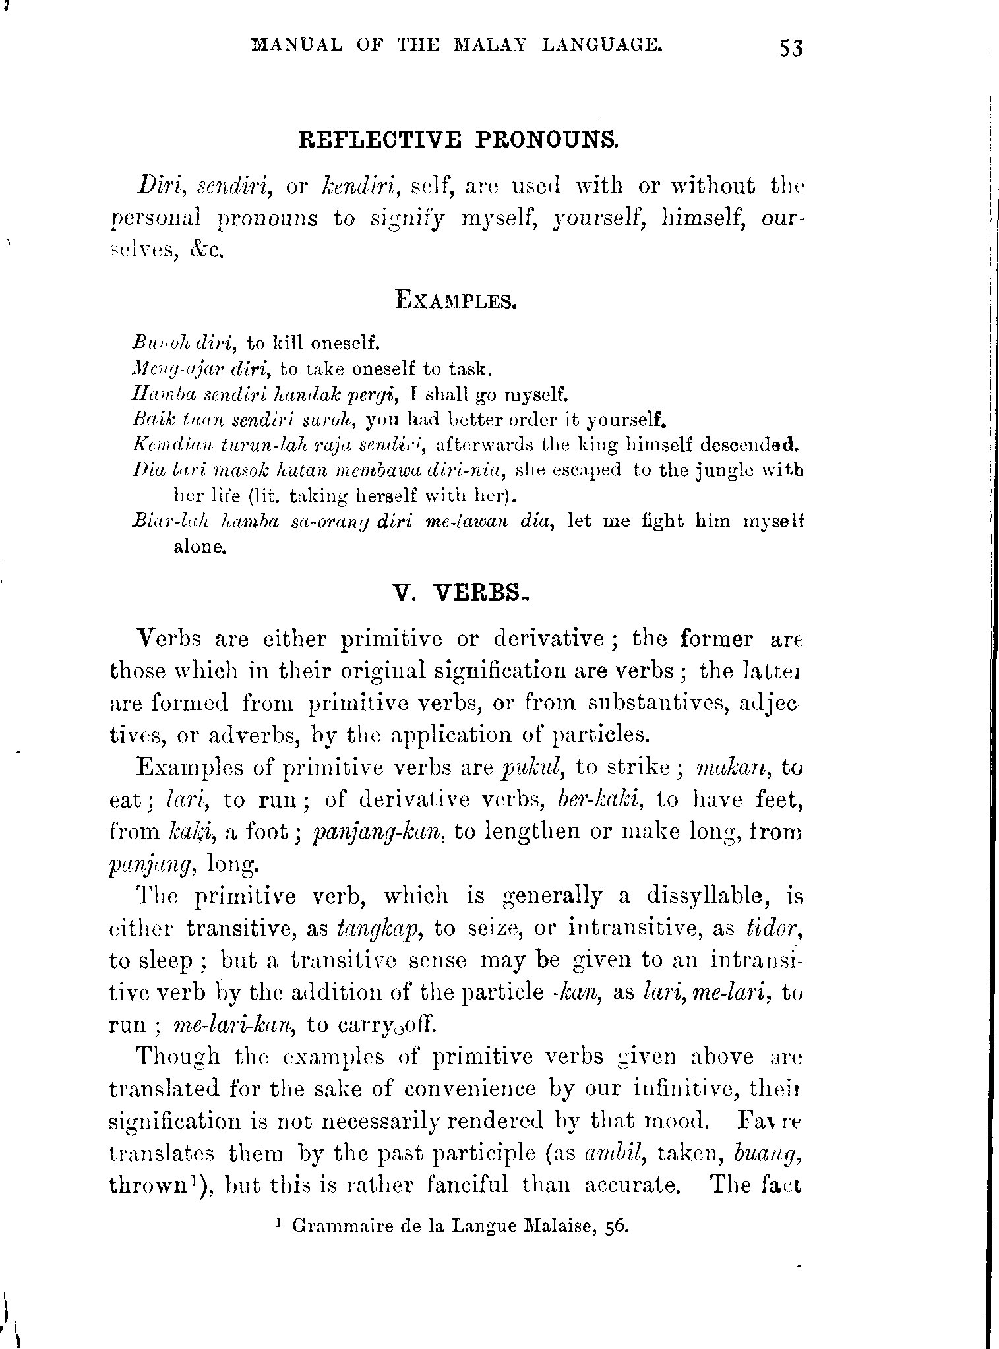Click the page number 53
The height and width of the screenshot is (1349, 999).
tap(791, 48)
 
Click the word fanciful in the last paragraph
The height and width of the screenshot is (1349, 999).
tap(467, 1185)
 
